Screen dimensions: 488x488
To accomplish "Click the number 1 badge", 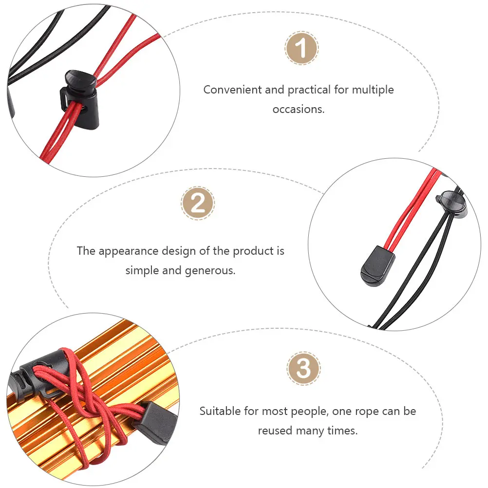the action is pos(301,48).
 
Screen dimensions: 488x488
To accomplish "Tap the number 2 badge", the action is pos(198,203).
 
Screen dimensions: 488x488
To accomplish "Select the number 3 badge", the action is pos(303,369).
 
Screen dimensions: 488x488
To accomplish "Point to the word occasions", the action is pos(299,109).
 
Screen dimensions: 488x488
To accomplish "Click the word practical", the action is pos(309,90).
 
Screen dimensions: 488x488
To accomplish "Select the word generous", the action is pos(210,271).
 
